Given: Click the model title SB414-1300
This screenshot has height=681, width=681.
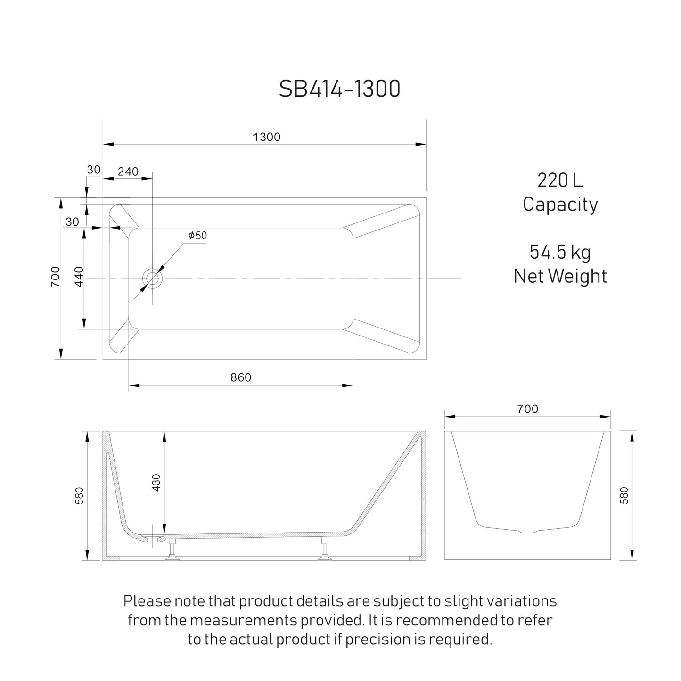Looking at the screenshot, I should (x=339, y=89).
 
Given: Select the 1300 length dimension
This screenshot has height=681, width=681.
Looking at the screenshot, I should (x=266, y=137).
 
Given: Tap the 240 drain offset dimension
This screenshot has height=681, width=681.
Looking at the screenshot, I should (x=128, y=172).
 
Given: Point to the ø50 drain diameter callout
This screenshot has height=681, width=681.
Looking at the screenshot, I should (x=197, y=236).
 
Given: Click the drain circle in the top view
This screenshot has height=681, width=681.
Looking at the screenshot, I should (x=153, y=279).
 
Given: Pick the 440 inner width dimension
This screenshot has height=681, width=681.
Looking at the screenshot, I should (x=79, y=277).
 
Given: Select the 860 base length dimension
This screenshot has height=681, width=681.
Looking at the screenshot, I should (x=241, y=377).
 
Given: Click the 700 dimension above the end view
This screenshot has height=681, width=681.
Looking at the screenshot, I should (x=527, y=409).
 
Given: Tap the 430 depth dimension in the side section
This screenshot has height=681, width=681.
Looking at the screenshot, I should (x=157, y=482).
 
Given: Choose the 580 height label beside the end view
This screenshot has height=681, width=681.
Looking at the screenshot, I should (x=624, y=496).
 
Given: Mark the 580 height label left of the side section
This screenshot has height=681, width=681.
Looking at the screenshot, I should (x=80, y=496).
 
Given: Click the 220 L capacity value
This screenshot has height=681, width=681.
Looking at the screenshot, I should (x=560, y=181).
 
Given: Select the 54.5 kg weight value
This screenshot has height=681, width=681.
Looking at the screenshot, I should (x=560, y=252).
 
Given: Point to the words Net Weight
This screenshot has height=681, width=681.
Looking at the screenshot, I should (x=560, y=276).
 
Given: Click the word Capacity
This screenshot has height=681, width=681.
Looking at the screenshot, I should (x=560, y=205).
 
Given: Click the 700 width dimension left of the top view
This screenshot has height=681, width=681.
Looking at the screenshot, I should (x=55, y=277).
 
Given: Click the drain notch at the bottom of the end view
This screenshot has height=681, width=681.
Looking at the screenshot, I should (x=527, y=532).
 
